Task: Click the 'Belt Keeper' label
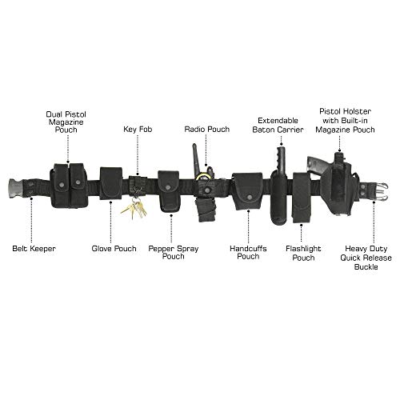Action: point(34,249)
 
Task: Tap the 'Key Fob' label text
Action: point(138,130)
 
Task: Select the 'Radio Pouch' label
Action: point(207,130)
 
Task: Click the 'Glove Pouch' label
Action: point(114,249)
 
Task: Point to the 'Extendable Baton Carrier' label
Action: point(278,125)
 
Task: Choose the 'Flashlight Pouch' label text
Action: point(303,253)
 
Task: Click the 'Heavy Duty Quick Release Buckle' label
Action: point(366,258)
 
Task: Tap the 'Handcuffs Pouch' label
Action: point(248,253)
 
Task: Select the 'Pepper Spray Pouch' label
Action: point(174,253)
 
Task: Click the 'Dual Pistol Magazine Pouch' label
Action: point(66,122)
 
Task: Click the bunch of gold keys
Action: point(135,209)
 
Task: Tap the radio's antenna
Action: point(196,158)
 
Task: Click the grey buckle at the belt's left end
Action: point(16,188)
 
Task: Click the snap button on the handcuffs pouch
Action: point(250,198)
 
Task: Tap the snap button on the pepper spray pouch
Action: point(168,188)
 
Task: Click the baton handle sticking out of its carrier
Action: point(281,159)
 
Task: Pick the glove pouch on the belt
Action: point(111,183)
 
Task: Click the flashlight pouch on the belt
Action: point(302,198)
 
